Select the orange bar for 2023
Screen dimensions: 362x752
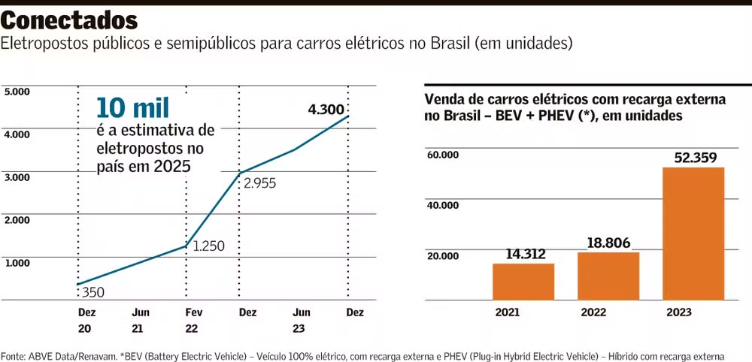[693, 233]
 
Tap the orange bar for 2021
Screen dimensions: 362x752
[523, 282]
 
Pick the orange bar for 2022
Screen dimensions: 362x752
[608, 276]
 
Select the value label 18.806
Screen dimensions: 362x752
[605, 243]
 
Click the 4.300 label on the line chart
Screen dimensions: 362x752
[326, 110]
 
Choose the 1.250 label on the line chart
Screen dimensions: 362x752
[208, 246]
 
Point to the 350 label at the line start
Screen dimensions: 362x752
[94, 291]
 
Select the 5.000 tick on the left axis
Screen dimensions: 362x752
[17, 92]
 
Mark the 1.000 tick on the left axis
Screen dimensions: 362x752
[17, 263]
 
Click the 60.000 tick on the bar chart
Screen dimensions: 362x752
[443, 155]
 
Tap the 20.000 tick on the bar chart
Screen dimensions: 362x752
[443, 256]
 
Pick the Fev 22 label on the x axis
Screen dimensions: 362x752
[193, 320]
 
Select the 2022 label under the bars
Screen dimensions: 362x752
[593, 313]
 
